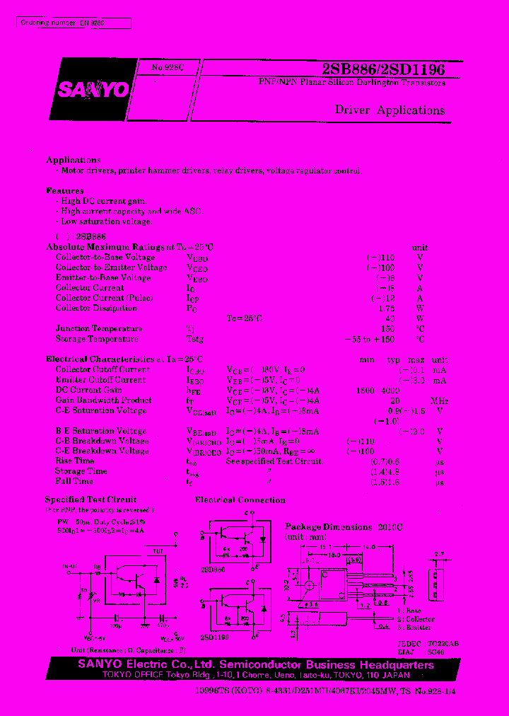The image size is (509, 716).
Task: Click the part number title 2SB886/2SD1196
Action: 383,69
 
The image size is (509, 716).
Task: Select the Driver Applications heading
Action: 390,110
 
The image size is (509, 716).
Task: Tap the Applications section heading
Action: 74,161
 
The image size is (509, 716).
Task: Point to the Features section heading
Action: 65,191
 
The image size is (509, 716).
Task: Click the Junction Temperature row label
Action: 99,328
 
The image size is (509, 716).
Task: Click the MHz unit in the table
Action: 439,400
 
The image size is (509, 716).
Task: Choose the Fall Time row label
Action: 74,481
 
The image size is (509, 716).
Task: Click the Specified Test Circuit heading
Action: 91,500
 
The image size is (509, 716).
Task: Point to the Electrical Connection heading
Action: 240,500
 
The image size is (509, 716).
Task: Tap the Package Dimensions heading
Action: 328,527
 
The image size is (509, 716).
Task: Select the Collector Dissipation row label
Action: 96,308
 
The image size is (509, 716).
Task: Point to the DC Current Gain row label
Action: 89,390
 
